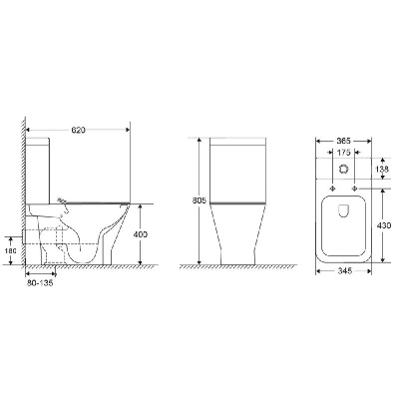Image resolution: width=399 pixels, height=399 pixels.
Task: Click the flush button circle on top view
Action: (341, 172)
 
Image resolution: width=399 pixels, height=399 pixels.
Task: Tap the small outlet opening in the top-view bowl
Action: (342, 209)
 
